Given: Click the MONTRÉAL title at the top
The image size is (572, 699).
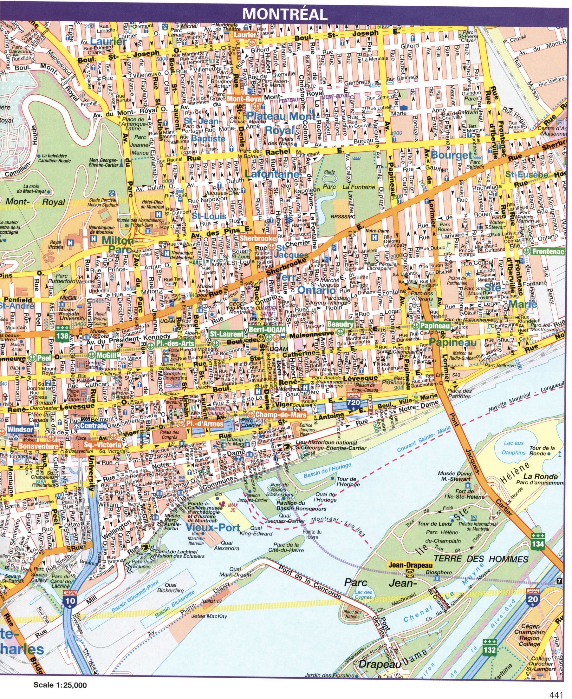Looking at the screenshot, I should [285, 14].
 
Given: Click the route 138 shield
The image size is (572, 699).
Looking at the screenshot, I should [62, 336].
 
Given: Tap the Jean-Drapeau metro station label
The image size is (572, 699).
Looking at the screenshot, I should [405, 564].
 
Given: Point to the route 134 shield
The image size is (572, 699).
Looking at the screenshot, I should [538, 541].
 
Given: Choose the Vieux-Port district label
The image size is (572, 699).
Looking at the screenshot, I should [213, 527].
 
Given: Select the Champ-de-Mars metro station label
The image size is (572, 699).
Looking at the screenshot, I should [280, 414].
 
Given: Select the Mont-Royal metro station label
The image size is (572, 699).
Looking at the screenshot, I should [245, 99].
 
